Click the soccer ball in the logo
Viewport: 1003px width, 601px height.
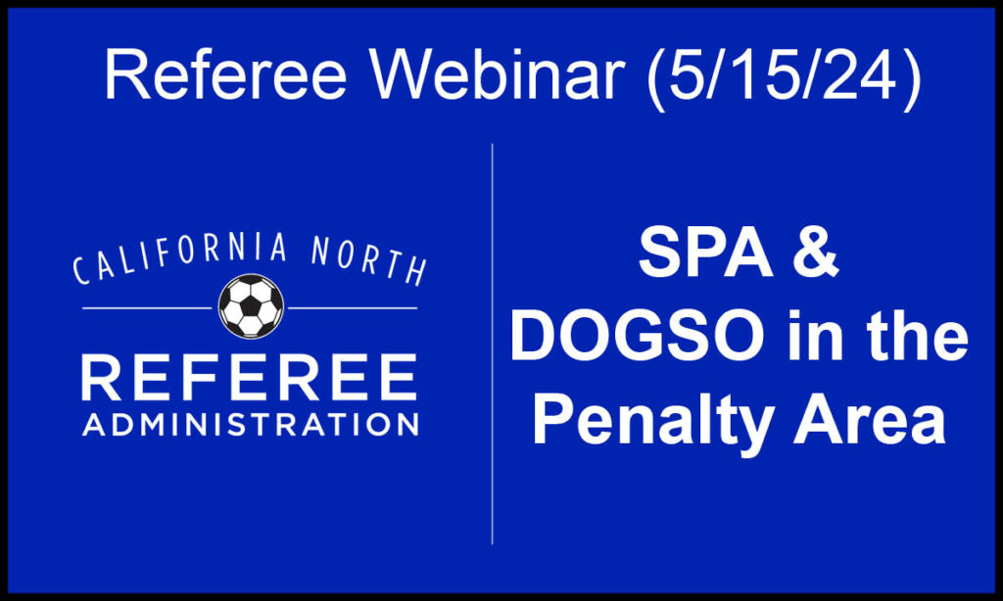click(251, 306)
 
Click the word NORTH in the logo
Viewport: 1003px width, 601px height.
click(369, 259)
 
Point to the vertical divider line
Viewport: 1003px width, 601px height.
click(492, 344)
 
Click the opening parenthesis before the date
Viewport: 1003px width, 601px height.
click(655, 79)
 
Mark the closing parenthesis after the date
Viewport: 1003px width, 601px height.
click(912, 79)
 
